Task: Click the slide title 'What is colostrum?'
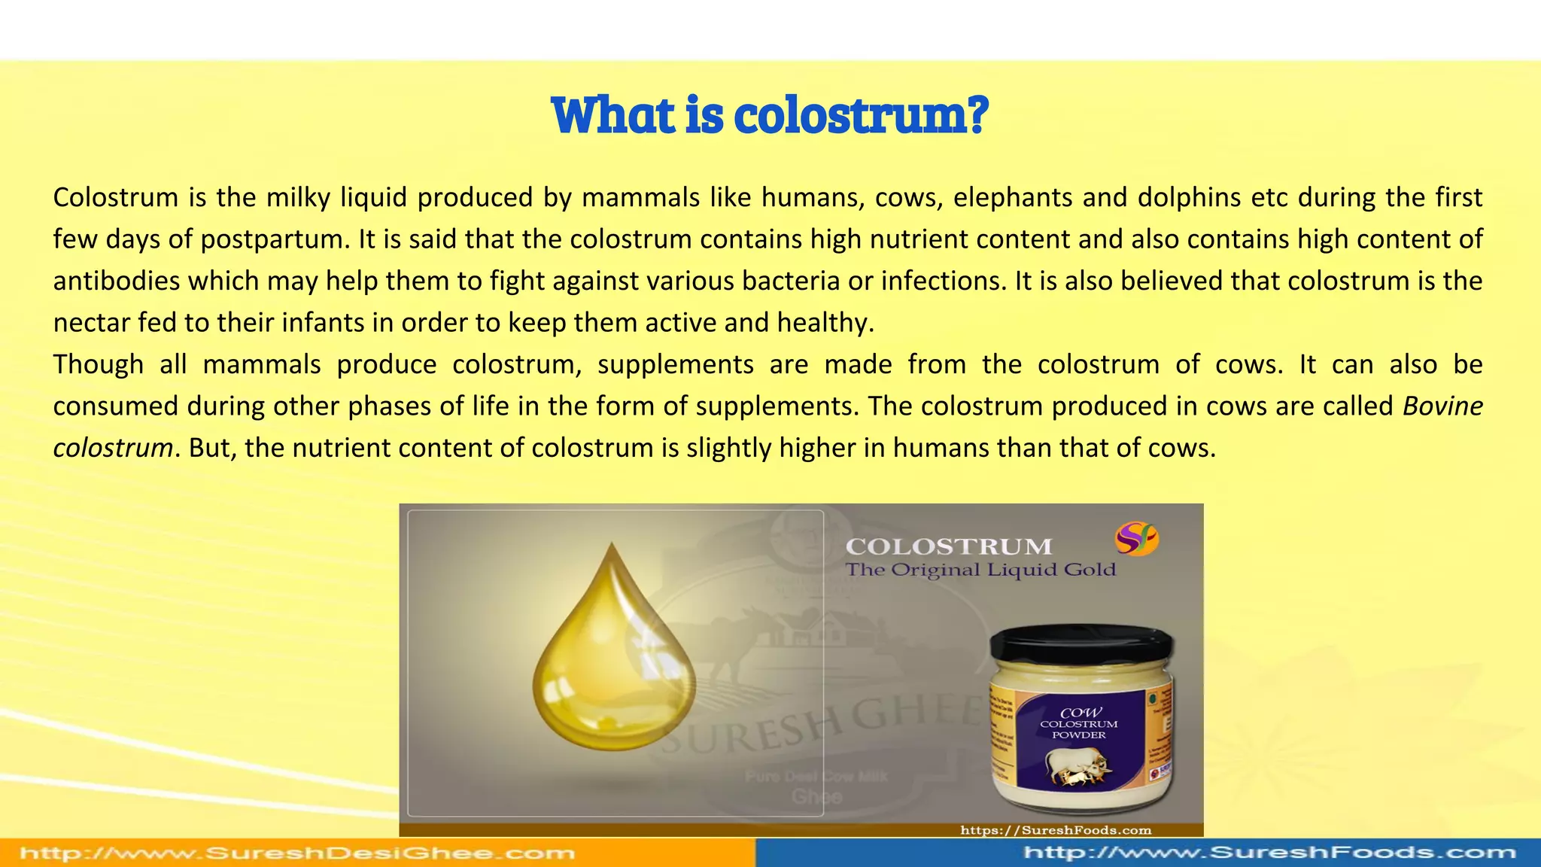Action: click(770, 115)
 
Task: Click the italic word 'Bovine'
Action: click(1442, 406)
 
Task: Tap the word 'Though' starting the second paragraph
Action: click(98, 365)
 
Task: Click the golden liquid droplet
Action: click(613, 662)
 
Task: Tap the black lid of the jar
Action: click(1081, 647)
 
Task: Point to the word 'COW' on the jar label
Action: click(1081, 712)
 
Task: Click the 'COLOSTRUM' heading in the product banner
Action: click(949, 546)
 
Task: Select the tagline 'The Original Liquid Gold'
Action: click(980, 570)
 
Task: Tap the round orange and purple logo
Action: click(1136, 539)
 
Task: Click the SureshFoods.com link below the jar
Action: click(1056, 830)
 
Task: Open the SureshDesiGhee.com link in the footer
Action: click(297, 853)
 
